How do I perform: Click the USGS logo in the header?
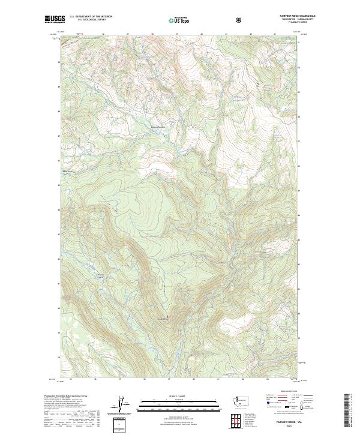[x=54, y=20]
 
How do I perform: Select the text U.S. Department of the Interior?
[x=91, y=17]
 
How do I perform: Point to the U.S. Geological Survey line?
[x=88, y=20]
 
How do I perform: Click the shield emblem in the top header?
[x=240, y=20]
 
